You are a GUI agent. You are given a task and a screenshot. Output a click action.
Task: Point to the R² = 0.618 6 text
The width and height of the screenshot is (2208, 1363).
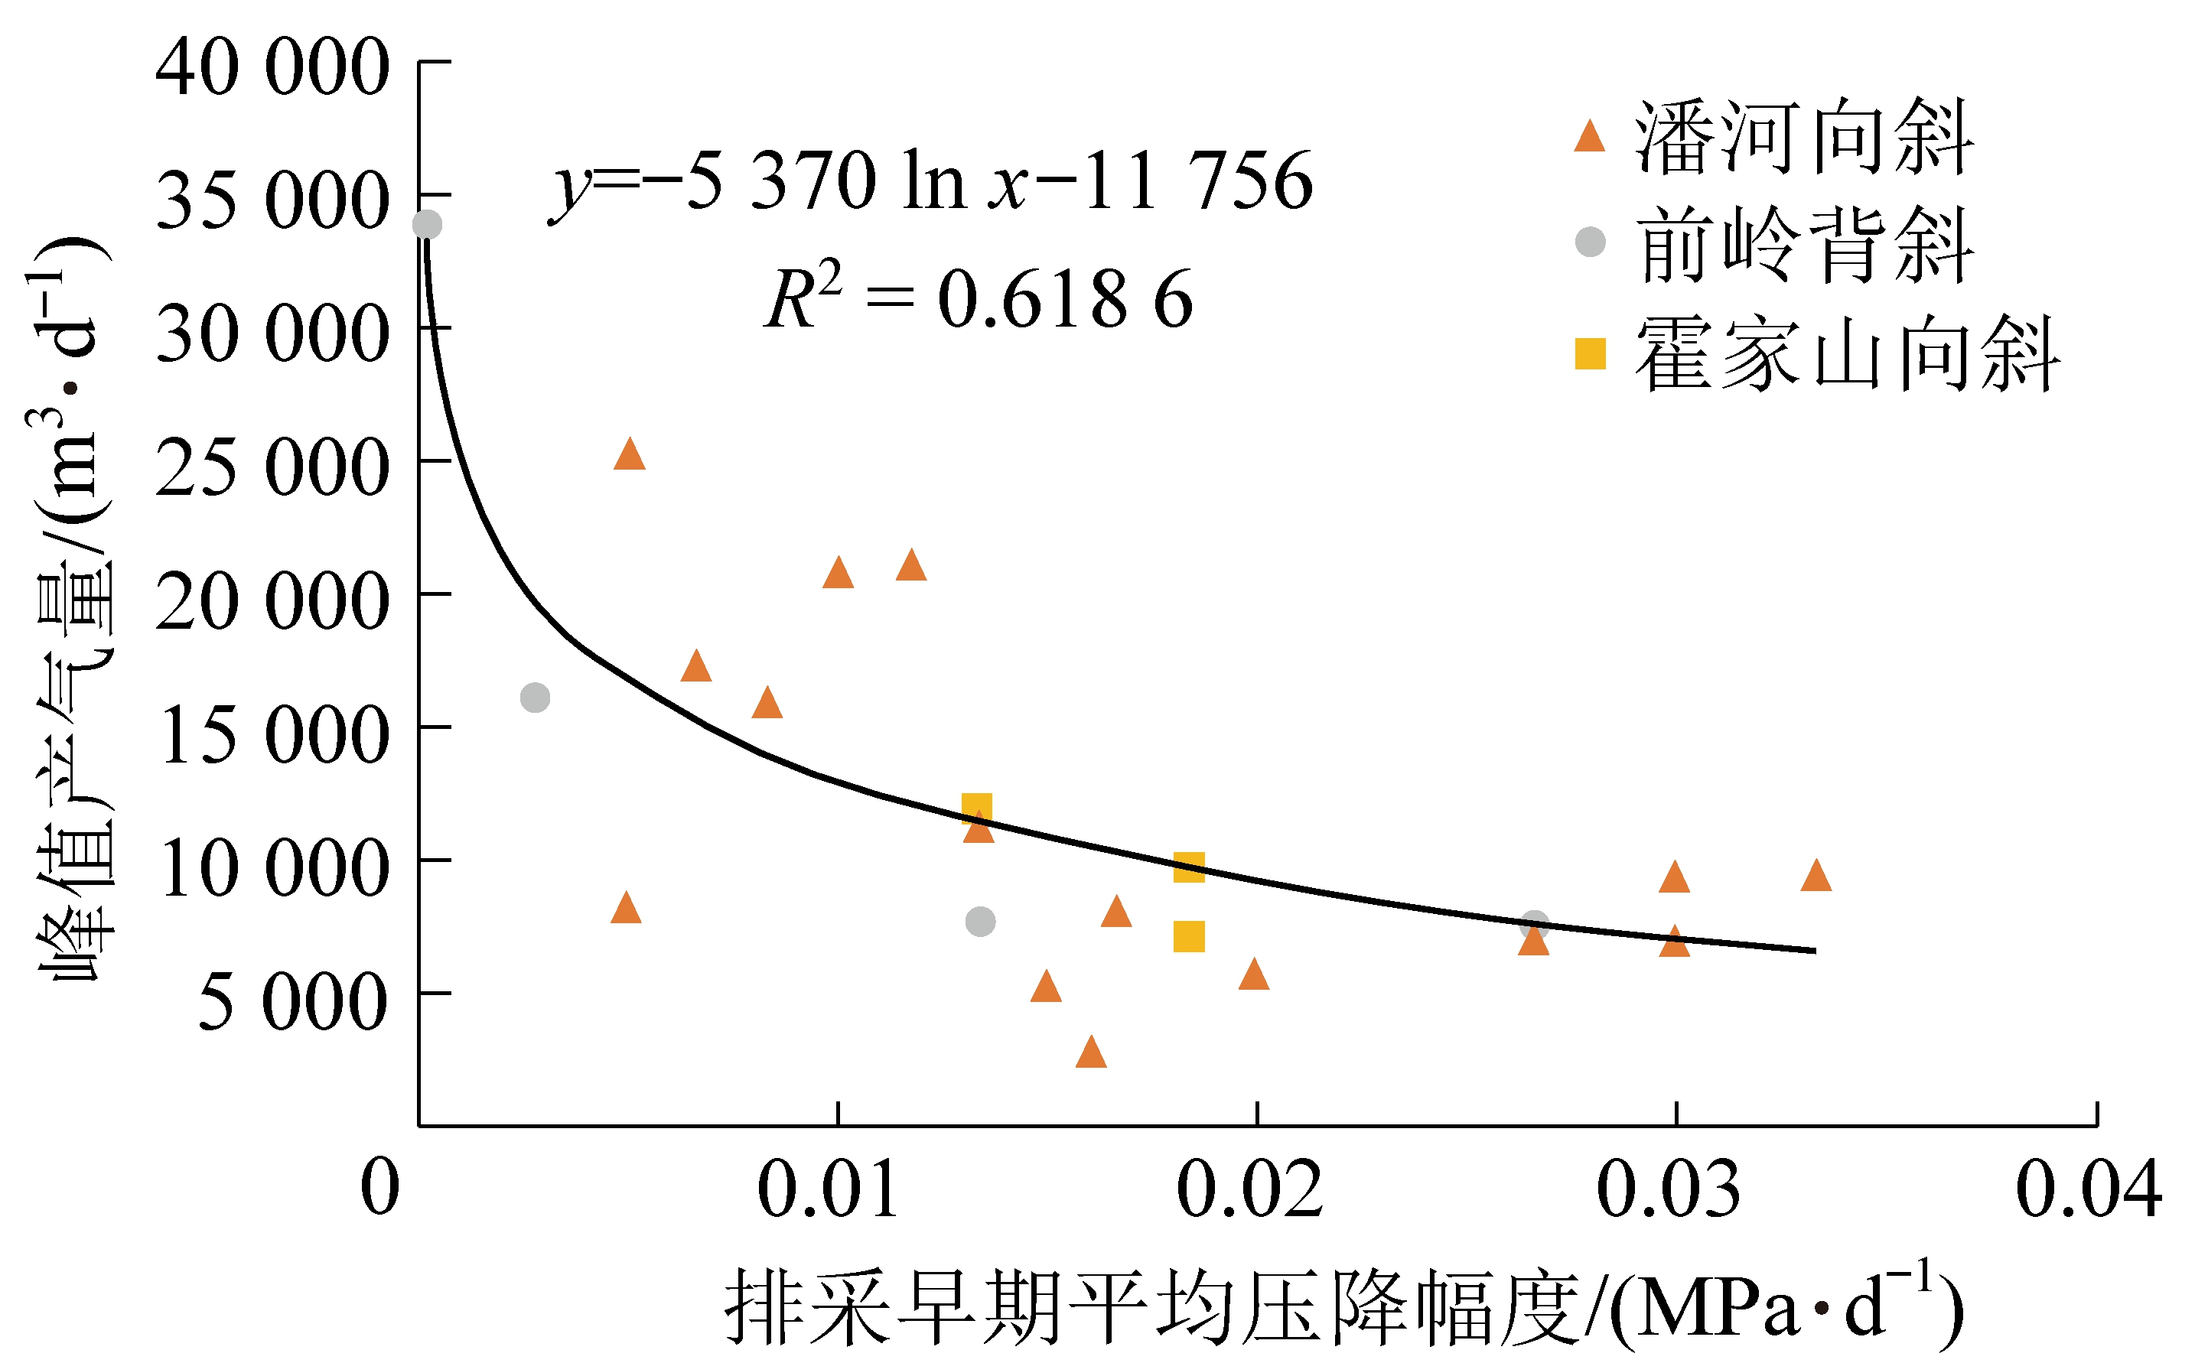coord(979,298)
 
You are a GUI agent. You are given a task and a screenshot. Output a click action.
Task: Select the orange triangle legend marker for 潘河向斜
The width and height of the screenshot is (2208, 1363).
coord(1590,137)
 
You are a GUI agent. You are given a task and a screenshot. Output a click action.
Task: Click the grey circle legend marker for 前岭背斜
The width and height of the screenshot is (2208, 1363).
coord(1591,242)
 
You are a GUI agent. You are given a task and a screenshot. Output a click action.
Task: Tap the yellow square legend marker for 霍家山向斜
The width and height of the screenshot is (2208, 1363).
coord(1591,353)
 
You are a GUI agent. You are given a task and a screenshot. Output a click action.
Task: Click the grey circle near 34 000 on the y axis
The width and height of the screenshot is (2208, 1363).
coord(428,224)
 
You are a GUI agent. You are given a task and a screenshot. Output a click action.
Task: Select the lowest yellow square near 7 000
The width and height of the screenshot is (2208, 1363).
coord(1189,938)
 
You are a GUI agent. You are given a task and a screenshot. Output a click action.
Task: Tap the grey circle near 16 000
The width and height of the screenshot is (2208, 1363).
coord(536,697)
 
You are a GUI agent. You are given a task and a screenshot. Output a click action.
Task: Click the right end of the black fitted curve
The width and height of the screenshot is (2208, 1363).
coord(1814,950)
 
